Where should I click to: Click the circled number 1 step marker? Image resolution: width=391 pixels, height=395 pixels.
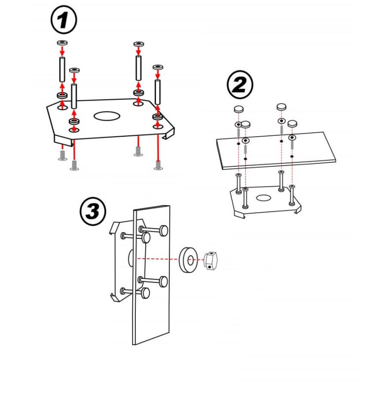tap(64, 20)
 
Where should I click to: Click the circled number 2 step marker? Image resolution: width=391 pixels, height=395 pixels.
tap(239, 84)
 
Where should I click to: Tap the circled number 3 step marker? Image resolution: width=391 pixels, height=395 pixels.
tap(93, 211)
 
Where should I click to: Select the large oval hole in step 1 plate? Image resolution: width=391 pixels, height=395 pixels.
tap(107, 116)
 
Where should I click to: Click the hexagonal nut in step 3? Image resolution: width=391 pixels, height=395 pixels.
tap(210, 261)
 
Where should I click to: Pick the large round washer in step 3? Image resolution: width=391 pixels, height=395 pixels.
tap(189, 260)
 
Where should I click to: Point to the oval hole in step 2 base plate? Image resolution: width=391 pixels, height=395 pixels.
tap(264, 198)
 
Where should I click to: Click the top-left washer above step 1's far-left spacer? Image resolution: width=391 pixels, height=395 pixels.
tap(63, 42)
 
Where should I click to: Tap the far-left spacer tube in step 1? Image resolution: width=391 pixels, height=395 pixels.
tap(62, 70)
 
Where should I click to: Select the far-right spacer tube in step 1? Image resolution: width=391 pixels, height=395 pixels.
tap(157, 92)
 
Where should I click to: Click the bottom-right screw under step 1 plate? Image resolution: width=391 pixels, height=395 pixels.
tap(158, 165)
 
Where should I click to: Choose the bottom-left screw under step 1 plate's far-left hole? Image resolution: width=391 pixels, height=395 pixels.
tap(63, 155)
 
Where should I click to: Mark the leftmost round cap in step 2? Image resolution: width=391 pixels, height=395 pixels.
tap(239, 109)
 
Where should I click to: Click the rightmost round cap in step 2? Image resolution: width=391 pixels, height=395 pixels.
tap(292, 123)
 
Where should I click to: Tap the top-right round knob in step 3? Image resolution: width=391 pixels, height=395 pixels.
tap(164, 231)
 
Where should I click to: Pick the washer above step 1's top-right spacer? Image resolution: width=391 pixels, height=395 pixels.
tap(139, 44)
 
